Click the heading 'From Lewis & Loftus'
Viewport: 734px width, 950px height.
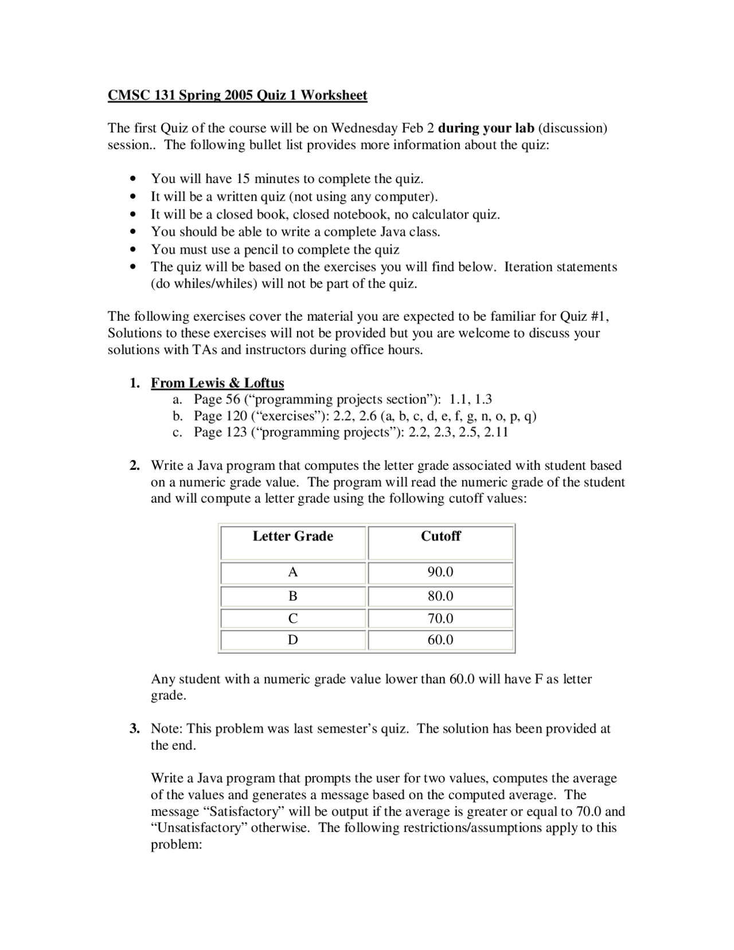click(217, 383)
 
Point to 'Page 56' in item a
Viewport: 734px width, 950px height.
click(216, 399)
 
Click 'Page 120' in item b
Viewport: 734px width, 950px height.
click(220, 416)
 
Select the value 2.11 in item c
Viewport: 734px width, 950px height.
click(496, 432)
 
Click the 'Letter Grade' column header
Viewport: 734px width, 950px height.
click(292, 536)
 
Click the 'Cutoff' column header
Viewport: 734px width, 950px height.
click(440, 536)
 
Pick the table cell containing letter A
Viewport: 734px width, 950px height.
click(292, 573)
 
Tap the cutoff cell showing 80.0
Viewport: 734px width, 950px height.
click(440, 596)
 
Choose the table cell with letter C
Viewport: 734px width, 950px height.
click(292, 618)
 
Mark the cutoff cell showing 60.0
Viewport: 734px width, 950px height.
click(440, 640)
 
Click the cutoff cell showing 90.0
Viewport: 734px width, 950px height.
click(440, 573)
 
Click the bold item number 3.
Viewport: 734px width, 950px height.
click(134, 729)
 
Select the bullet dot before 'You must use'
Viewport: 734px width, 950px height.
click(134, 250)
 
